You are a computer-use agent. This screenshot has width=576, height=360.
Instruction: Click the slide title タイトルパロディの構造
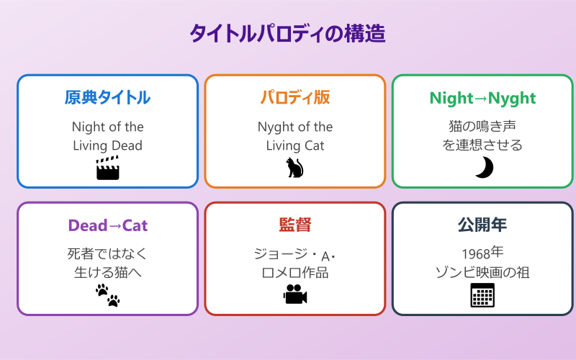click(x=287, y=34)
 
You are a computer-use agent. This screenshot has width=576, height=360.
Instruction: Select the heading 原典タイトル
click(x=107, y=97)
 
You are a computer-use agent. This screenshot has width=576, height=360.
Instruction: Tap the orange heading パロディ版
click(x=294, y=97)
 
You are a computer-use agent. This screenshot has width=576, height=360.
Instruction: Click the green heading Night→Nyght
click(x=482, y=98)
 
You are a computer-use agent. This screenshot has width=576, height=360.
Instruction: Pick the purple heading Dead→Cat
click(x=107, y=225)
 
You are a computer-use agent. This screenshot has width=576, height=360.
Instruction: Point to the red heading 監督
click(x=294, y=225)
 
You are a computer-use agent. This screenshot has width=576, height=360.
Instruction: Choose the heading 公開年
click(x=482, y=225)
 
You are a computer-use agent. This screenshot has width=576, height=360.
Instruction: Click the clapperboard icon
click(x=107, y=168)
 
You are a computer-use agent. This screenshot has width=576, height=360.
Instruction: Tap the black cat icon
click(x=294, y=168)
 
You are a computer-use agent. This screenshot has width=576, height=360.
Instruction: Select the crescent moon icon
click(x=483, y=168)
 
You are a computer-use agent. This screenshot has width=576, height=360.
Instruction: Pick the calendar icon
click(x=482, y=295)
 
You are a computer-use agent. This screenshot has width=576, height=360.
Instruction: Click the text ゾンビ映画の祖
click(x=482, y=272)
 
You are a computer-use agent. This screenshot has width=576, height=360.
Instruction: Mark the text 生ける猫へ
click(x=107, y=272)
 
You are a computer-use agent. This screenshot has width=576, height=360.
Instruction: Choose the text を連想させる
click(x=482, y=145)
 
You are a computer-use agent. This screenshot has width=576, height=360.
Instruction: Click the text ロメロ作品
click(x=294, y=272)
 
